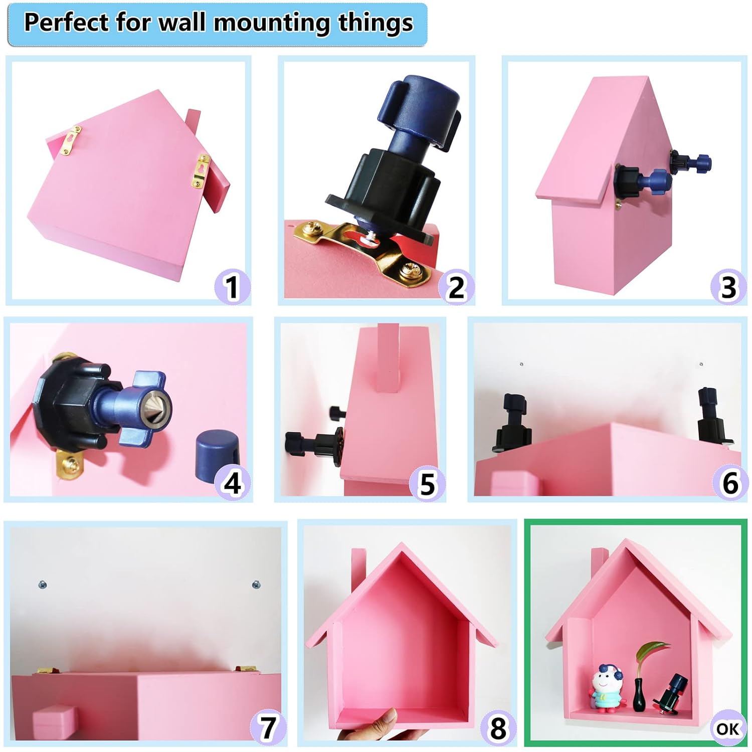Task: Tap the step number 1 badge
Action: click(232, 287)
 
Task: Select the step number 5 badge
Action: click(427, 484)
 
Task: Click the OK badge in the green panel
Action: click(727, 728)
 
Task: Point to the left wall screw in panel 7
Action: click(43, 584)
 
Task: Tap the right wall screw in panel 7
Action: click(256, 585)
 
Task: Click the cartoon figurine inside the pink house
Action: click(607, 688)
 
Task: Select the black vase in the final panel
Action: click(639, 695)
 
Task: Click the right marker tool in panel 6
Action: click(714, 417)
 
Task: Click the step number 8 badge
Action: click(498, 728)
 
